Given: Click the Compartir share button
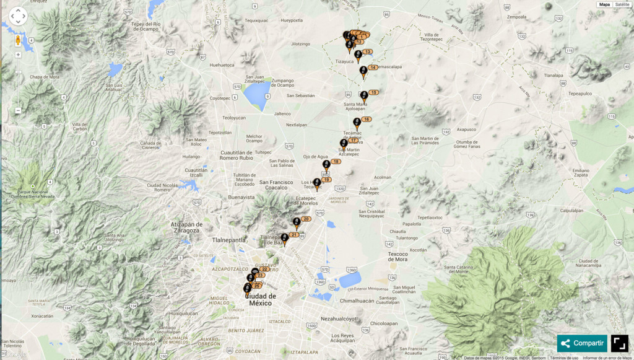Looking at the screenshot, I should [582, 343].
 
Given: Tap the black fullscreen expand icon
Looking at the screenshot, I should [620, 343].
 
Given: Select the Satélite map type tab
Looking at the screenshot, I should [622, 4].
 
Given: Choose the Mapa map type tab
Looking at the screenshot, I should [604, 4].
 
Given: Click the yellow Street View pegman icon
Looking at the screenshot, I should [18, 40].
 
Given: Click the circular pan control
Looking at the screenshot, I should [18, 16].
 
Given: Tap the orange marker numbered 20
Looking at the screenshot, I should [306, 219].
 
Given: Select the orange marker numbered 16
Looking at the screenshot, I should [366, 119].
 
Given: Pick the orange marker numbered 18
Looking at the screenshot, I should [336, 162].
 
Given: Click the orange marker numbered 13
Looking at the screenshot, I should [367, 52].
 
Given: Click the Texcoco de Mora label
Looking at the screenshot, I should [397, 257].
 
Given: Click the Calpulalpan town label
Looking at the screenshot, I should [572, 210].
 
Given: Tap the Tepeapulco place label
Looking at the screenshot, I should [580, 94].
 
